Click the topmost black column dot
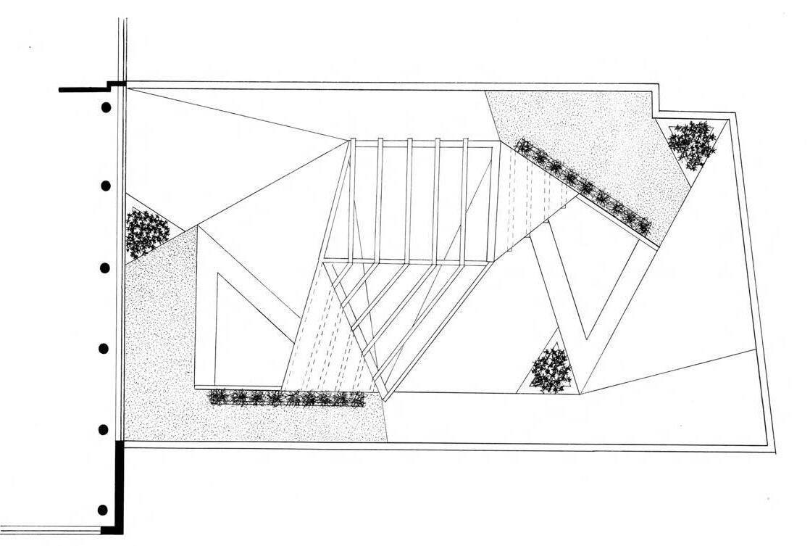tap(106, 108)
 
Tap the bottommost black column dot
tap(103, 510)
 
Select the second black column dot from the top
tap(105, 186)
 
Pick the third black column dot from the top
tap(104, 268)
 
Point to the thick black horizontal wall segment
tap(83, 89)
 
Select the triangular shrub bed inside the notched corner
tap(693, 143)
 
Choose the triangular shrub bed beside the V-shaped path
tap(551, 371)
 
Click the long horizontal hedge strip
tap(287, 398)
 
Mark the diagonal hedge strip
tap(584, 186)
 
